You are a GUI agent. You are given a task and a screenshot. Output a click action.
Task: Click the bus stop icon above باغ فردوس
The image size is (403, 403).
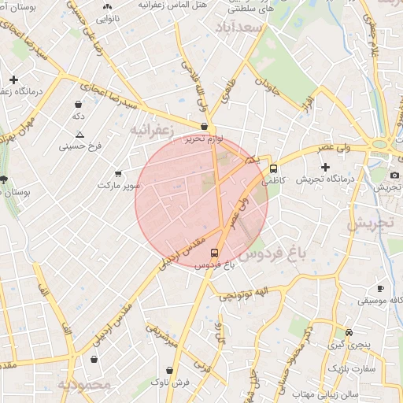tap(215, 252)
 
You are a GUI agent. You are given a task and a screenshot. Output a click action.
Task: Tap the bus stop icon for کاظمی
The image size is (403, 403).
tap(273, 168)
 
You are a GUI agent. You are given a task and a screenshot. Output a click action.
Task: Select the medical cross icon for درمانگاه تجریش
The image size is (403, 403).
tap(325, 167)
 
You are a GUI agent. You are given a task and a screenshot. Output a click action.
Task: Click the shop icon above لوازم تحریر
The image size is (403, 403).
tap(205, 127)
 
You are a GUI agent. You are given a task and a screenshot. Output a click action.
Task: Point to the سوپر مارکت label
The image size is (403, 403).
tap(119, 186)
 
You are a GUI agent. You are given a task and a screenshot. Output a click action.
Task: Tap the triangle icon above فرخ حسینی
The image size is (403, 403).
tap(79, 134)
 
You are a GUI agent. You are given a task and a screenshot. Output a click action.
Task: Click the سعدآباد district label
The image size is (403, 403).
tap(242, 27)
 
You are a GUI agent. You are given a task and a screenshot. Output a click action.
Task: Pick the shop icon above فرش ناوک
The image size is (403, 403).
tap(170, 369)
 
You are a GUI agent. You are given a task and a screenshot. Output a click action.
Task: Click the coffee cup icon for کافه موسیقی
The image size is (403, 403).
tap(380, 289)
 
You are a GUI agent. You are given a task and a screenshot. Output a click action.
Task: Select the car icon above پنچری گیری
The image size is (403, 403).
tap(349, 332)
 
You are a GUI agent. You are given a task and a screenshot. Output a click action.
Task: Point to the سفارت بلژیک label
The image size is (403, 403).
tap(353, 368)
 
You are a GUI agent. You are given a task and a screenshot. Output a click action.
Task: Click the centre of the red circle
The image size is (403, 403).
tap(201, 201)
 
